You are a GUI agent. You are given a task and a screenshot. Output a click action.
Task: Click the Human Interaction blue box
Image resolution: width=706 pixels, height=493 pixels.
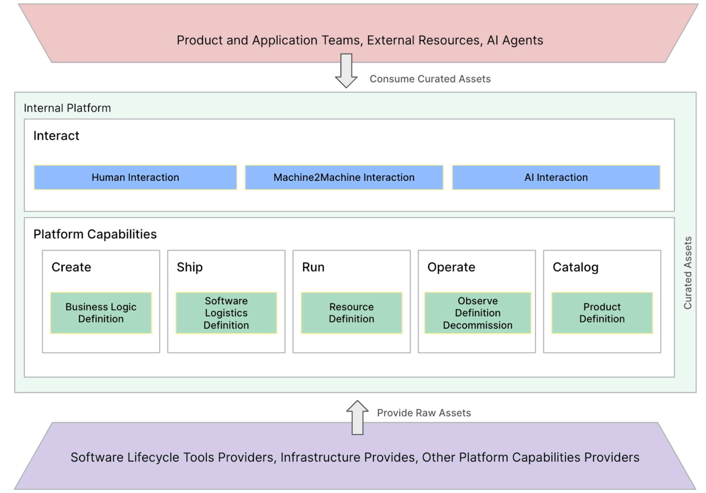(135, 177)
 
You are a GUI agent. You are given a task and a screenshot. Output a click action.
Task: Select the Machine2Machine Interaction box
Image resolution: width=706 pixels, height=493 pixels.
(344, 177)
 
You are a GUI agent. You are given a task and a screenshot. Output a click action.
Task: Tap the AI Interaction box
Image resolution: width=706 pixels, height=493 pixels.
(556, 177)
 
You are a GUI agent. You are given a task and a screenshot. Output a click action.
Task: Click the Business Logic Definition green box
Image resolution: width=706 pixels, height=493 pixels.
(101, 313)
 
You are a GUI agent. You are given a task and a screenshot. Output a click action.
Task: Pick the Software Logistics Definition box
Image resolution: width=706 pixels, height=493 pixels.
(226, 313)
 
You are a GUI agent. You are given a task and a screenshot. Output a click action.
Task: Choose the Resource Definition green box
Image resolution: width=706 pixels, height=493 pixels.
(351, 313)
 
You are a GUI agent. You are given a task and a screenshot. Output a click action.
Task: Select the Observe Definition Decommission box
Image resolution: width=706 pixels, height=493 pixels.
(477, 313)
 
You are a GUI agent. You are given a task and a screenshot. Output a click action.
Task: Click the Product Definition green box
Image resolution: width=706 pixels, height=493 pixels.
(602, 313)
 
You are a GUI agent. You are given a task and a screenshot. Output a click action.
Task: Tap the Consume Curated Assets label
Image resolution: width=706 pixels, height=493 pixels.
(430, 79)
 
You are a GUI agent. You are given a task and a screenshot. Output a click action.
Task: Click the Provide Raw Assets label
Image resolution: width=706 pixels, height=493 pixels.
(424, 413)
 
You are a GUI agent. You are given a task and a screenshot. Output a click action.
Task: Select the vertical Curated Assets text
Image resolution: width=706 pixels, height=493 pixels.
(687, 273)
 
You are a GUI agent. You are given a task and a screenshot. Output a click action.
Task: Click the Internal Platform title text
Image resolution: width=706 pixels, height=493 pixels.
(67, 108)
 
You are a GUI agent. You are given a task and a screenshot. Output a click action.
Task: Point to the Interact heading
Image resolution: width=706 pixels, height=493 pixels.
(56, 136)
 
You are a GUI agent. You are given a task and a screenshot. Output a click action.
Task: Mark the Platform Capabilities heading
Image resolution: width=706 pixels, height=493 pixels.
(95, 234)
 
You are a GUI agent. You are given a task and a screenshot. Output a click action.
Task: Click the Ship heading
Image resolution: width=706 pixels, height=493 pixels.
(190, 267)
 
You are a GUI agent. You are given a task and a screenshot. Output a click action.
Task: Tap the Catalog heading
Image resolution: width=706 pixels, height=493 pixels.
(575, 267)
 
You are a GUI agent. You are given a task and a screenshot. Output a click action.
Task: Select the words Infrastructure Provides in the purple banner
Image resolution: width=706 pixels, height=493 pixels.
(347, 457)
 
